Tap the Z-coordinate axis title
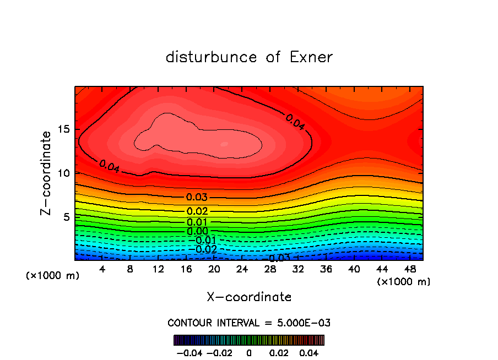coord(46,173)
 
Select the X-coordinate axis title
coord(249,297)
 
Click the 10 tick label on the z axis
coord(64,173)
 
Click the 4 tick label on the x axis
coord(102,269)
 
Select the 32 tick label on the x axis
coord(298,269)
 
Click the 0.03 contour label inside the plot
coord(197,197)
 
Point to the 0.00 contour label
coord(197,231)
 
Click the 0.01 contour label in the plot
coord(197,222)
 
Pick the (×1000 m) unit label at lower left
coord(53,276)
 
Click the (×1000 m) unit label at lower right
coord(404,282)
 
